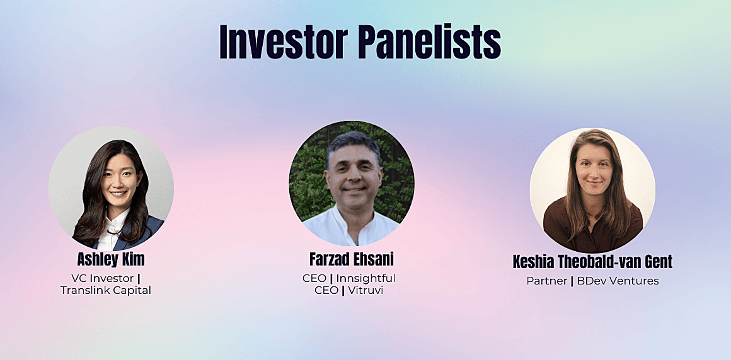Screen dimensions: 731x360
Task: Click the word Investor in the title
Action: [x=284, y=42]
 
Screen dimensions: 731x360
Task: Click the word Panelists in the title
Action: [x=429, y=42]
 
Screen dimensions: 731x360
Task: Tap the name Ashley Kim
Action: [x=111, y=259]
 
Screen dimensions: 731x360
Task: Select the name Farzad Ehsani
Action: [x=351, y=259]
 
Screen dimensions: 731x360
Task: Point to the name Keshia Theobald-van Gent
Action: [x=593, y=262]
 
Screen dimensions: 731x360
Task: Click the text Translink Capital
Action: [x=106, y=290]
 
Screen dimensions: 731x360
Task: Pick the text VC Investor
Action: [x=102, y=278]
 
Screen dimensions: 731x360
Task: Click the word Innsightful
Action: [x=365, y=278]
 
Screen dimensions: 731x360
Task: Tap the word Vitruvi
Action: [x=365, y=290]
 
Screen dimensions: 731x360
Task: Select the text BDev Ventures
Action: [x=618, y=281]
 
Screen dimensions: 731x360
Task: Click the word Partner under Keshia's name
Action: [x=546, y=281]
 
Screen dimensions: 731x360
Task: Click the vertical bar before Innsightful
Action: [x=331, y=279]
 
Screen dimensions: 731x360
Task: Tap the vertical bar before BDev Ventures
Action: [x=572, y=281]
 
